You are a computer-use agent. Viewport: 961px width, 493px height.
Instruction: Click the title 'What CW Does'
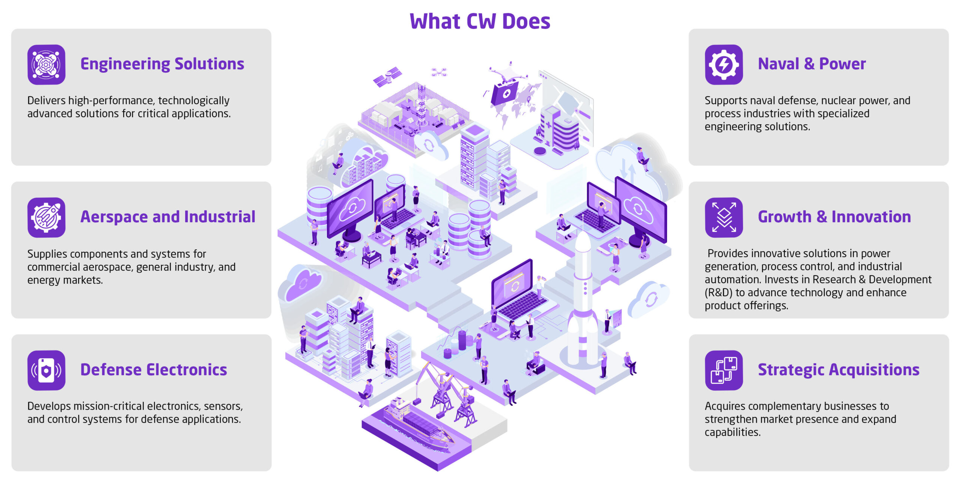click(480, 21)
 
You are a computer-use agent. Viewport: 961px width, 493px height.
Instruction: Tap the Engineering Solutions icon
click(46, 65)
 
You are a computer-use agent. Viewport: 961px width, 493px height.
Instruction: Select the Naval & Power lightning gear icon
click(723, 65)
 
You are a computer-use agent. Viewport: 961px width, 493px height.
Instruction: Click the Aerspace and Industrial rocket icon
click(46, 217)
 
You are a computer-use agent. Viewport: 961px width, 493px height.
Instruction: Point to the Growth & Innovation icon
click(723, 217)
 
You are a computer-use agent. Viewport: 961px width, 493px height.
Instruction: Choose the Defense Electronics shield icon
click(46, 370)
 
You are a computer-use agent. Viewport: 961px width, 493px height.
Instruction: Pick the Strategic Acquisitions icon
click(723, 370)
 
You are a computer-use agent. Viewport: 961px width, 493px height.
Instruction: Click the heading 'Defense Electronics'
click(154, 370)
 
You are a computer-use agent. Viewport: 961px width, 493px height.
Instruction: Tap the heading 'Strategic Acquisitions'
click(838, 370)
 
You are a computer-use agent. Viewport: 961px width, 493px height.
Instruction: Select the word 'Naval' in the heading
click(778, 64)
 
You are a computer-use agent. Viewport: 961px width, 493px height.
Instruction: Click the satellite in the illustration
click(387, 76)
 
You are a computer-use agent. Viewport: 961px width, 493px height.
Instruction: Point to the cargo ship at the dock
click(417, 426)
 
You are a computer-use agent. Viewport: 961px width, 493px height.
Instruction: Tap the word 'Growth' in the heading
click(784, 217)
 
